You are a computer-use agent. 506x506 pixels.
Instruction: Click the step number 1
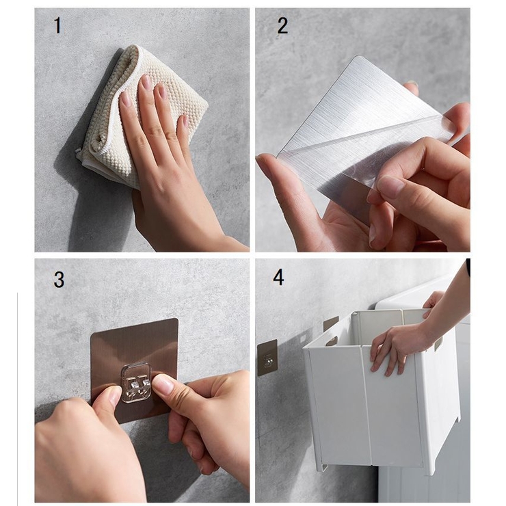pos(57,25)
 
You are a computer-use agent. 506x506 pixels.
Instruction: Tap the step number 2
pos(282,25)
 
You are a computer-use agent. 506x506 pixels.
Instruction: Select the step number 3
pos(59,280)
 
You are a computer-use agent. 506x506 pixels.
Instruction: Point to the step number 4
pos(278,278)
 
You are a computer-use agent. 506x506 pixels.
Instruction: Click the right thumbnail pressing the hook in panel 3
pos(164,385)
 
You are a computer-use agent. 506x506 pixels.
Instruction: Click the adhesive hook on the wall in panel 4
pos(267,357)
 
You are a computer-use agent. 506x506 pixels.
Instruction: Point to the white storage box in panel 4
pos(381,387)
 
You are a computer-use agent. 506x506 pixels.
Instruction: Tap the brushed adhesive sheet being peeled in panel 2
pos(362,135)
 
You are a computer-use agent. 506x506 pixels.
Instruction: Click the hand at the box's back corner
pos(432,300)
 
